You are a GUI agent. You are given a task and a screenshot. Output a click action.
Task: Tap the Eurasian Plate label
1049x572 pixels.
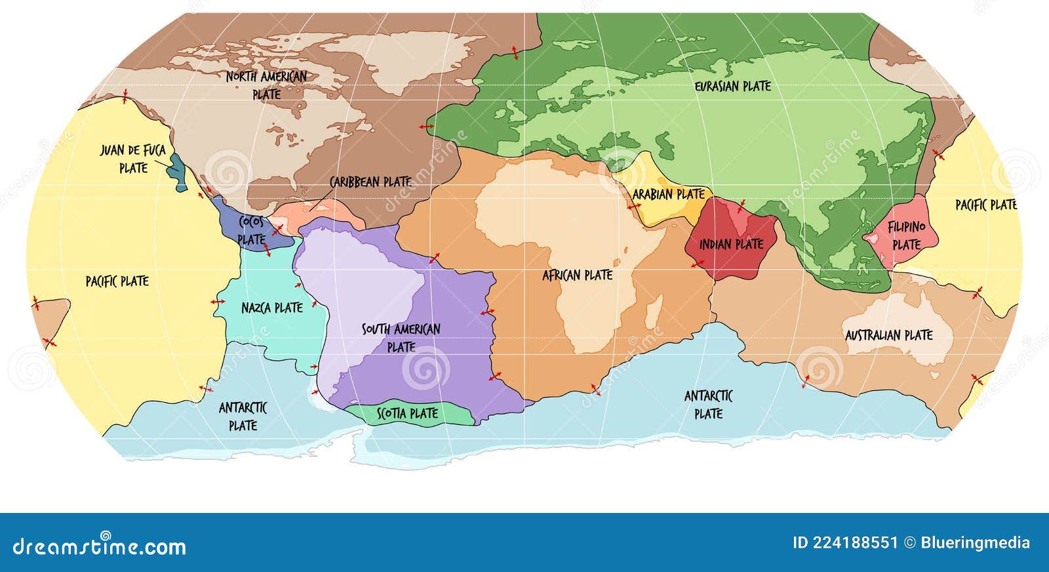732,86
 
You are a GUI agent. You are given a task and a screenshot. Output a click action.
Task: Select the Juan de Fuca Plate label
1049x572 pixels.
132,159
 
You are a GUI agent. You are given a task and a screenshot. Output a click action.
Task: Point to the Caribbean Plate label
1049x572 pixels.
370,181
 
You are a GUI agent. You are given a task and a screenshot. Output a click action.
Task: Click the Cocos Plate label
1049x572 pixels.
252,230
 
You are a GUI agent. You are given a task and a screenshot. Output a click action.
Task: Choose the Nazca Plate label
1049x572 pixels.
271,308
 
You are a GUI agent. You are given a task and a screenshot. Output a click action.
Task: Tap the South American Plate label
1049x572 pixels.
401,337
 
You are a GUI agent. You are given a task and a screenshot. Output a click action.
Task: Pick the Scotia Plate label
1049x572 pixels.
407,414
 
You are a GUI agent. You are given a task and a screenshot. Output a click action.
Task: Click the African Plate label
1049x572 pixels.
577,276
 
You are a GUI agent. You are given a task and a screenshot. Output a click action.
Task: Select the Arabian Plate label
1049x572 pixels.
668,194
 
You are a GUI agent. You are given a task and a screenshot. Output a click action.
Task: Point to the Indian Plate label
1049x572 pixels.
731,245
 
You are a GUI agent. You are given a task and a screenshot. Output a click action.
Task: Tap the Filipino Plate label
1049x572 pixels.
906,235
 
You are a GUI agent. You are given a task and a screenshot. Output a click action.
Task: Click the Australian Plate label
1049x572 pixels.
888,335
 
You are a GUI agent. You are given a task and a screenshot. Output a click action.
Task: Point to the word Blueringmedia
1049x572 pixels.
975,543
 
